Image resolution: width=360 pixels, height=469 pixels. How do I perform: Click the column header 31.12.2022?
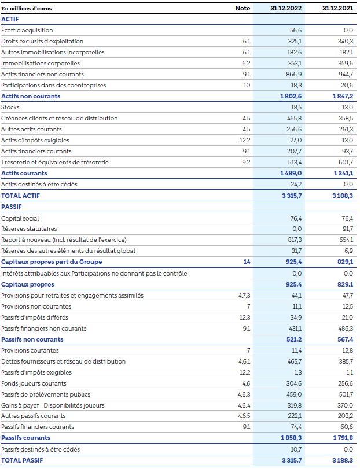(x=286, y=8)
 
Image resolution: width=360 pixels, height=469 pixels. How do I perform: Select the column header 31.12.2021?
(x=337, y=8)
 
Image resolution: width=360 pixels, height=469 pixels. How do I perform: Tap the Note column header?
(x=243, y=8)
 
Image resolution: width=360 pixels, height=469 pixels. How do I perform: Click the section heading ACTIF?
(x=10, y=19)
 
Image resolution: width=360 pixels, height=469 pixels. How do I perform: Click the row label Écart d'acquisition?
(x=27, y=30)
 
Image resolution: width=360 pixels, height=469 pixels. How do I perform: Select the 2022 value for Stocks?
(x=295, y=107)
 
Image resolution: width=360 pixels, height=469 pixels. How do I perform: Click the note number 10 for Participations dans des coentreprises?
(x=247, y=85)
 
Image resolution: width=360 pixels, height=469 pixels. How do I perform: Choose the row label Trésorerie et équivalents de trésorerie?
(x=54, y=162)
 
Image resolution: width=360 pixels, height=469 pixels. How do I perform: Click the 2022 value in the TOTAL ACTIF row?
(x=291, y=196)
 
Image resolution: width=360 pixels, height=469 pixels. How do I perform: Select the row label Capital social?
(x=20, y=218)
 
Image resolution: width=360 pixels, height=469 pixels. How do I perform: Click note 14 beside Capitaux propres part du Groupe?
(x=247, y=262)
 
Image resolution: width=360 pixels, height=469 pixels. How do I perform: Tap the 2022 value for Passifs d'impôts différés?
(x=295, y=317)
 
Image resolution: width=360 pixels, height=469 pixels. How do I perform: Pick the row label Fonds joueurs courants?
(x=34, y=383)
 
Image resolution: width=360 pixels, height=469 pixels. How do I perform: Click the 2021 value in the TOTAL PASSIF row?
(x=342, y=460)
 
